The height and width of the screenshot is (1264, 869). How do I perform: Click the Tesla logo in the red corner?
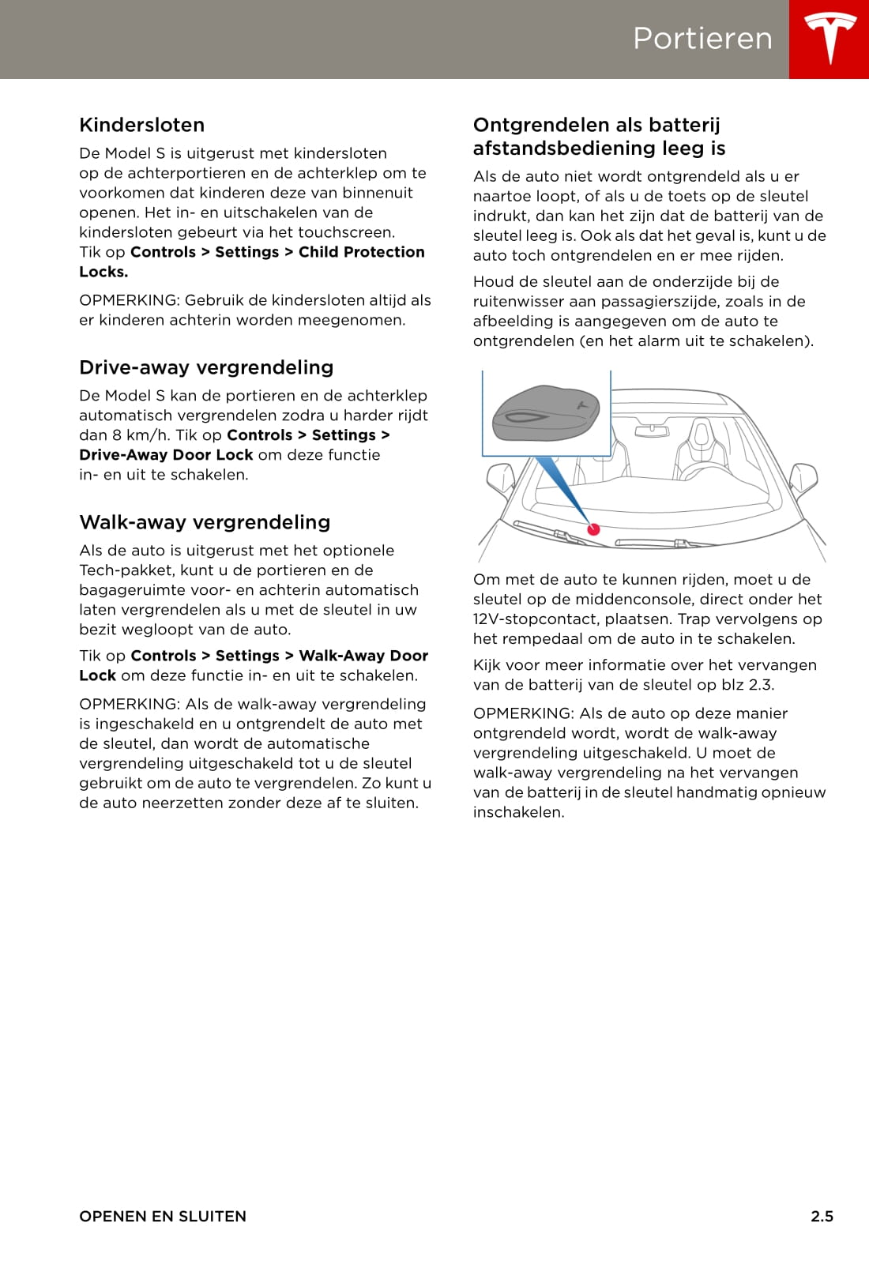[829, 38]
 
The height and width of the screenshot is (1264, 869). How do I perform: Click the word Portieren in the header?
[702, 39]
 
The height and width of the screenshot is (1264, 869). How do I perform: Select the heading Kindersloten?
[142, 125]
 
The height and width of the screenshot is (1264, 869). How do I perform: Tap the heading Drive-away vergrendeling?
[206, 367]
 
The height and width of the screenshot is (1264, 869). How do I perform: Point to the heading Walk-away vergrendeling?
[205, 522]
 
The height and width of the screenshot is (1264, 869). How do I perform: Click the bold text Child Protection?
[361, 252]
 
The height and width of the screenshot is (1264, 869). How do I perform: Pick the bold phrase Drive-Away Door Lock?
[166, 455]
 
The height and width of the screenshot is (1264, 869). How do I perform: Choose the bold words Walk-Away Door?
[363, 656]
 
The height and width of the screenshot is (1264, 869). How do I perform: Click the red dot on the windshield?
[594, 529]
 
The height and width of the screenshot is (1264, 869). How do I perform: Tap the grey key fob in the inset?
[545, 412]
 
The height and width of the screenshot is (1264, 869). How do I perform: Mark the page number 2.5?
[822, 1217]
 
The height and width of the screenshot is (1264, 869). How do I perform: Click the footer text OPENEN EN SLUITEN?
[163, 1217]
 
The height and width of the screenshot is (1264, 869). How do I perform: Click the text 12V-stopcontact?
[536, 619]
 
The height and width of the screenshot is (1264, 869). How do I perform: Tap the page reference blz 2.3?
[747, 685]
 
